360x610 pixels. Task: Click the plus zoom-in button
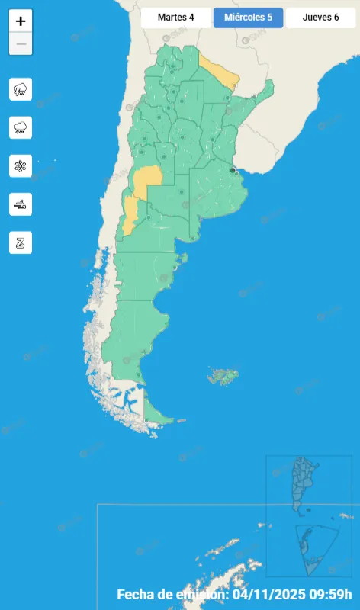21,21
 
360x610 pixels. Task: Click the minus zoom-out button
21,44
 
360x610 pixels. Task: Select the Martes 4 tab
175,18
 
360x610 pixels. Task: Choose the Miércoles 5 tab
248,18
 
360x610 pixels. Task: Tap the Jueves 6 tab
320,18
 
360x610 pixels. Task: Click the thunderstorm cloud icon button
21,89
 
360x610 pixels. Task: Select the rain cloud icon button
21,127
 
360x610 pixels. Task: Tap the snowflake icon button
21,165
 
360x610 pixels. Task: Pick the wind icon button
21,204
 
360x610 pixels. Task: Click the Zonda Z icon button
21,242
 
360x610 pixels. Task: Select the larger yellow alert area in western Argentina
147,178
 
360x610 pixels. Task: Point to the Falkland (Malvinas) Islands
223,375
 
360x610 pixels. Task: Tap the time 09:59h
335,595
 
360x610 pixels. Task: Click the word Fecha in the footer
136,595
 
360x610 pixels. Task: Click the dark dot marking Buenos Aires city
233,171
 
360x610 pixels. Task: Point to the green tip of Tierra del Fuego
156,416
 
